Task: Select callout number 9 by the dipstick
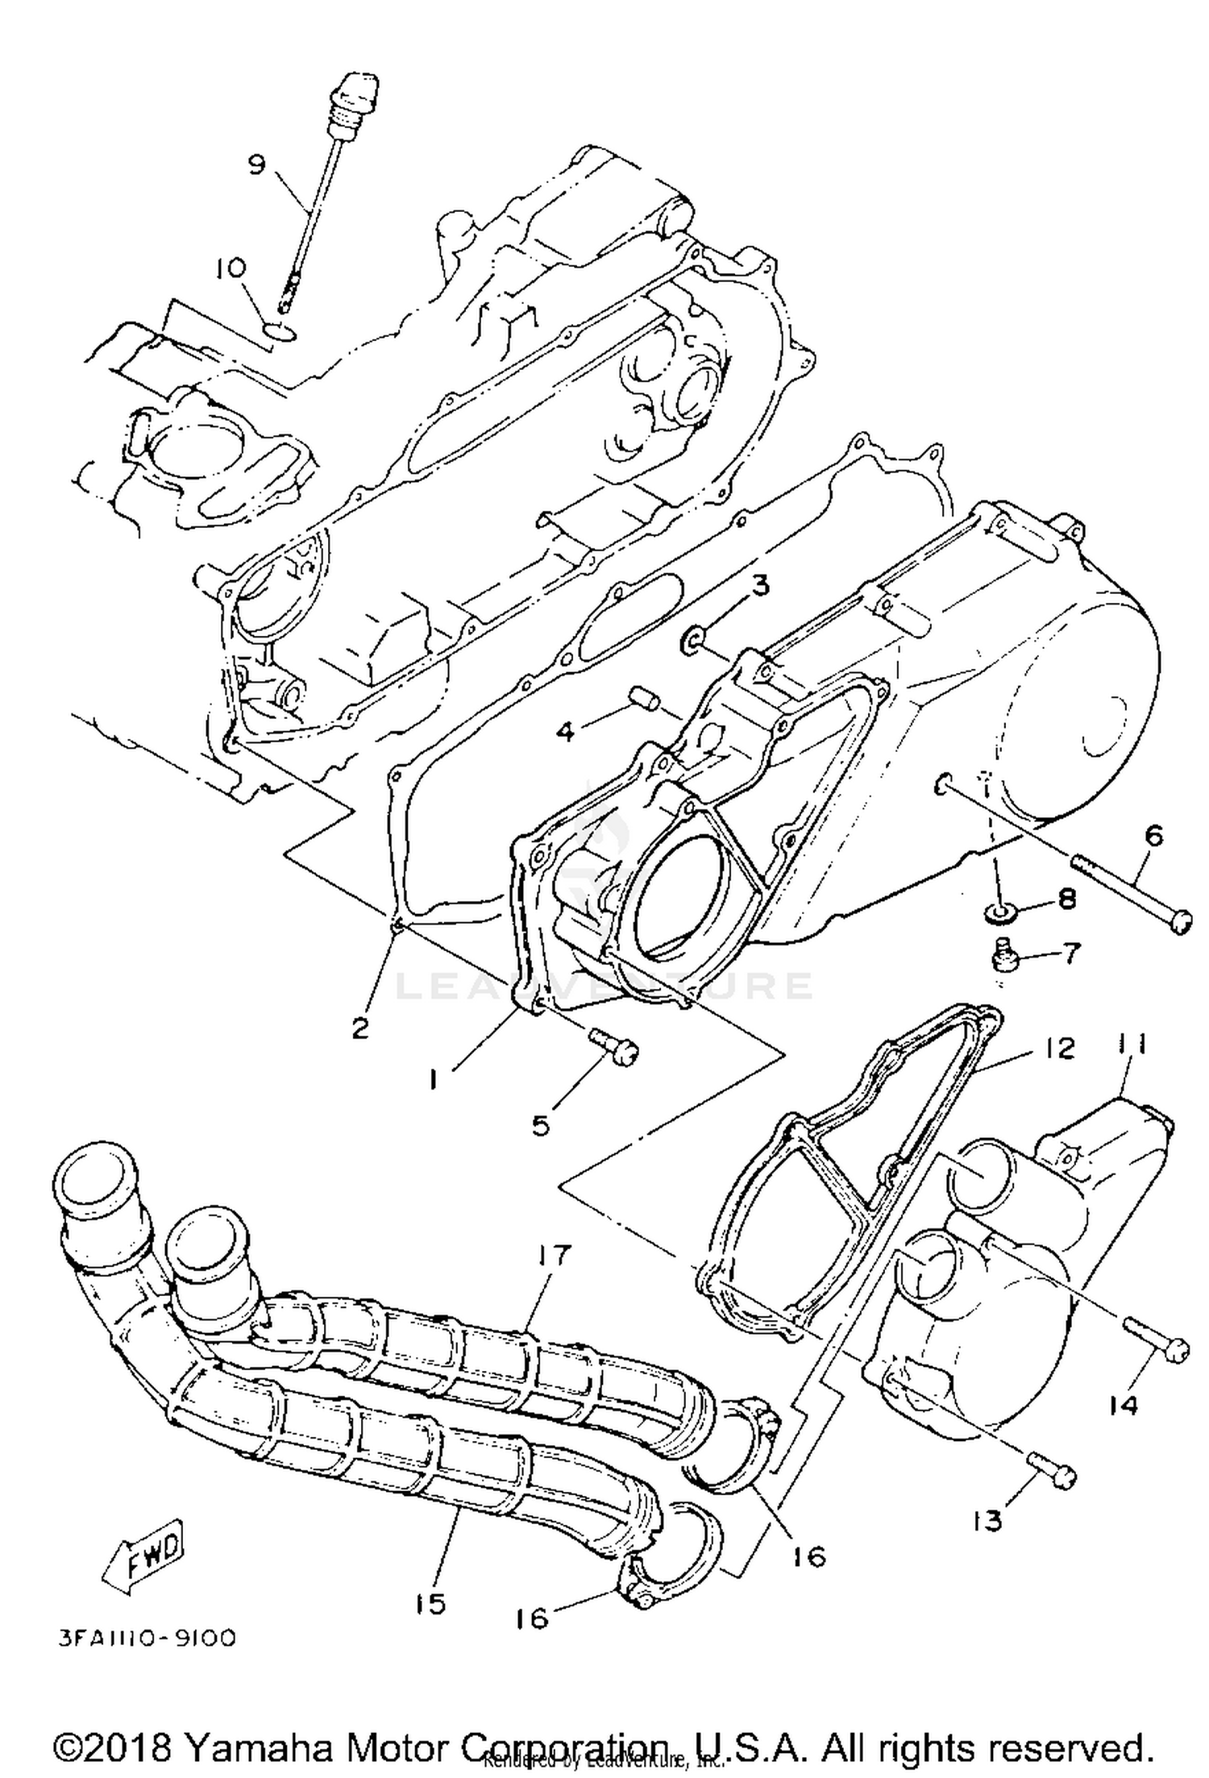click(256, 164)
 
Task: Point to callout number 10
click(231, 268)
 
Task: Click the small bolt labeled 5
click(614, 1044)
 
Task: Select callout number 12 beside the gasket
click(1061, 1048)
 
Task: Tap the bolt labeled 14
click(1157, 1340)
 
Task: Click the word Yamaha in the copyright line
click(259, 1746)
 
